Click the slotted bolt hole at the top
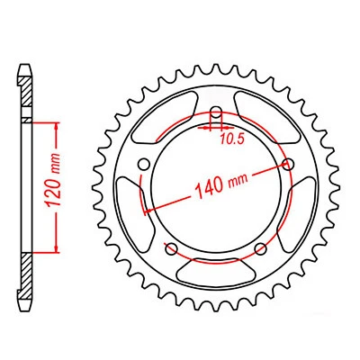[216, 117]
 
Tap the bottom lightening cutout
[216, 269]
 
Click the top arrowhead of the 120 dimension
[58, 124]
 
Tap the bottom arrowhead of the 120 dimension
[58, 248]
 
